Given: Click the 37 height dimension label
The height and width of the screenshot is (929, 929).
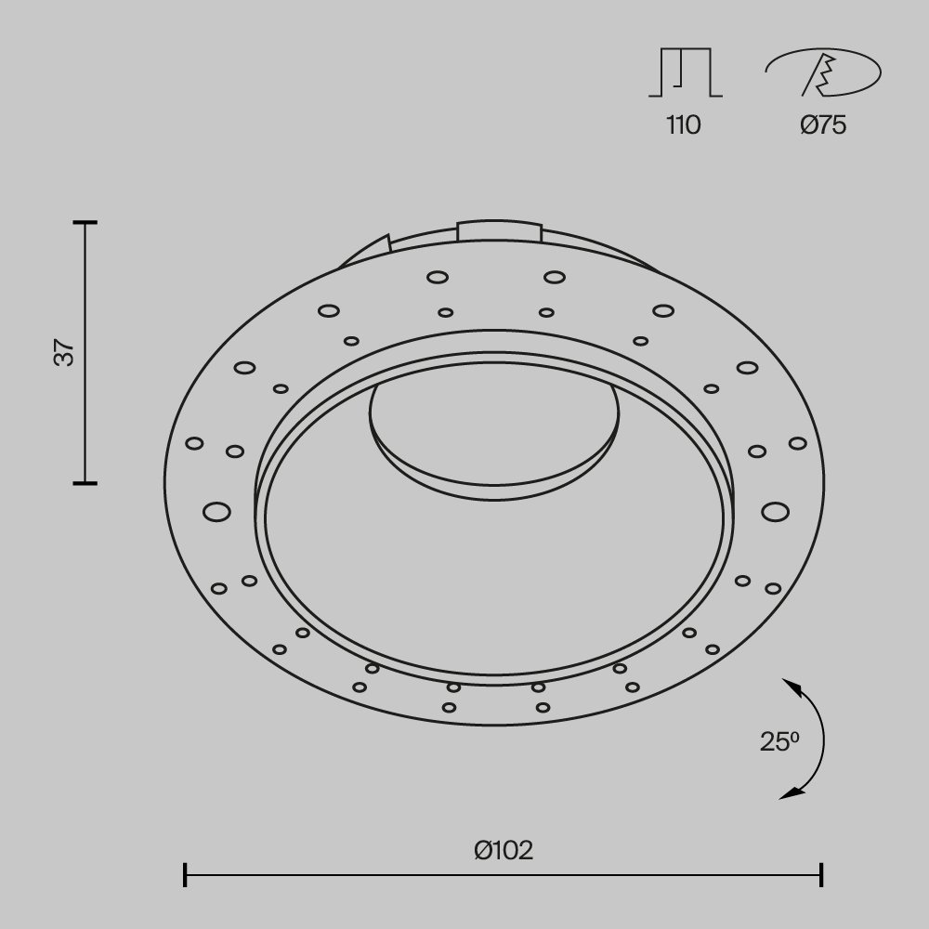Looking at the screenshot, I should tap(64, 353).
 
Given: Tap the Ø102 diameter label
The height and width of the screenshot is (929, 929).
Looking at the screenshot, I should tap(503, 850).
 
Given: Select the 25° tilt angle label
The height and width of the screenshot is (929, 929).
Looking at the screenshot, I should tap(779, 741).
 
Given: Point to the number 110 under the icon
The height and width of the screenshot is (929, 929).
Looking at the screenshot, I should tap(683, 125).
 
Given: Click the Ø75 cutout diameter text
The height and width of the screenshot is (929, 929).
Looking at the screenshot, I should tap(823, 125).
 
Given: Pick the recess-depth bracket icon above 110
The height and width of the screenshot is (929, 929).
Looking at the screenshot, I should tap(685, 73).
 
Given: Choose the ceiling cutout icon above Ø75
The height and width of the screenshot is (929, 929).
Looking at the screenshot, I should tap(823, 73).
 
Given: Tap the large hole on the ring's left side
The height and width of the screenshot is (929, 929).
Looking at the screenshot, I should tap(216, 511).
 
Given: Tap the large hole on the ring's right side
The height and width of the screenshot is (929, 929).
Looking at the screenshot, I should tap(774, 511).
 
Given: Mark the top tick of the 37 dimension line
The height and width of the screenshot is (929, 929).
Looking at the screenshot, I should tap(85, 223).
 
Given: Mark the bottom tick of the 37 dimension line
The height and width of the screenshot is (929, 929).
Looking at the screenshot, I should tap(85, 483).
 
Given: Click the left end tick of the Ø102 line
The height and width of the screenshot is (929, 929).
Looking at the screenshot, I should tap(186, 874).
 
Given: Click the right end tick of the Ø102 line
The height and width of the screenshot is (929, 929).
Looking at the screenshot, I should tap(821, 874).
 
